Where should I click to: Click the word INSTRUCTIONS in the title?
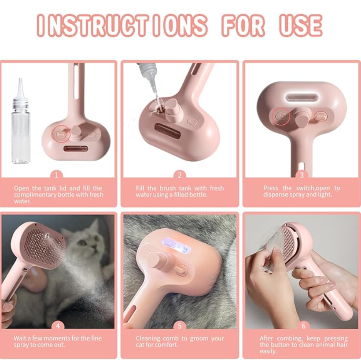tap(122, 26)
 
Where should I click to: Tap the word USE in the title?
tap(301, 26)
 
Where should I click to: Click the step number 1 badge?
tap(56, 175)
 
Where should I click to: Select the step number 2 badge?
tap(180, 175)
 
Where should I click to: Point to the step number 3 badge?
tap(302, 175)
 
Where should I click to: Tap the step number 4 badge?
tap(58, 326)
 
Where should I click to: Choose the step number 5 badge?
tap(180, 326)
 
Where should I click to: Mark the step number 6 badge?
tap(303, 326)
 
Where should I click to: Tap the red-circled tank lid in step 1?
tap(61, 134)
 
